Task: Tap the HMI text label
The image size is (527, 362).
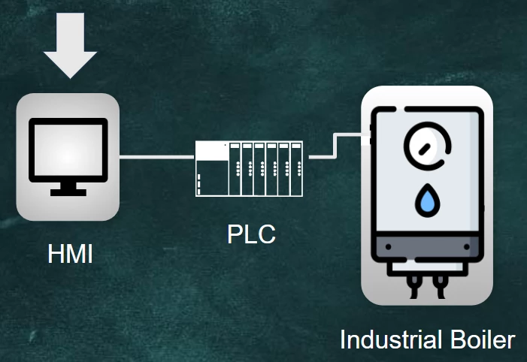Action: (70, 254)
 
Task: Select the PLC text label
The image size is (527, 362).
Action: (251, 234)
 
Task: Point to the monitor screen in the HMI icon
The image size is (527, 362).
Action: (68, 149)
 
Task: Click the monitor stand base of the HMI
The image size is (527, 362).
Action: (68, 191)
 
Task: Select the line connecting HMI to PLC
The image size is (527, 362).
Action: (156, 157)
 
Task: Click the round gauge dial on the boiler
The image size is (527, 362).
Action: (427, 145)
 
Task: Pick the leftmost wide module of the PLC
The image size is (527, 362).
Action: (211, 170)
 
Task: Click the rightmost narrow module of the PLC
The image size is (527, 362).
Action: (295, 170)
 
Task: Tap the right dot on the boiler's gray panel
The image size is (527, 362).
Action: (468, 246)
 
